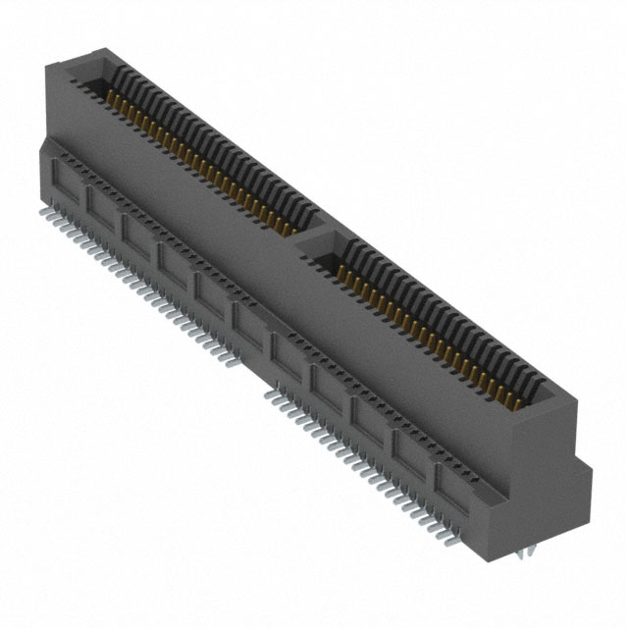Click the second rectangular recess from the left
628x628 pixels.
(x=101, y=205)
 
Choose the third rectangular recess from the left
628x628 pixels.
(x=137, y=234)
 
